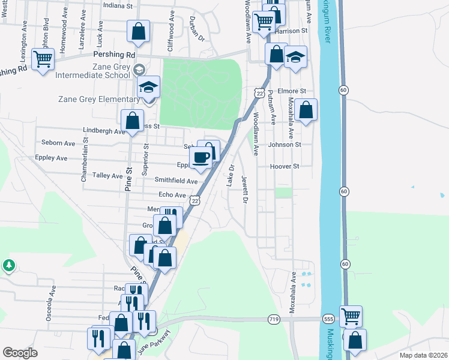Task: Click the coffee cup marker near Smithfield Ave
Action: (200, 157)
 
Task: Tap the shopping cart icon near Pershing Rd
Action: (43, 59)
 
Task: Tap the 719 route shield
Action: (274, 320)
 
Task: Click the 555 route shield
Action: (328, 320)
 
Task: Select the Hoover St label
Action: (285, 166)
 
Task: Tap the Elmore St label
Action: (295, 91)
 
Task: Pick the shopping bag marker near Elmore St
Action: (306, 110)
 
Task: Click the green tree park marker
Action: (8, 265)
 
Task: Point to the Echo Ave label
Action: (172, 195)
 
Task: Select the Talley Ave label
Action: (108, 176)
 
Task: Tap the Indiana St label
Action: (118, 5)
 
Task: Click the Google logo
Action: (20, 353)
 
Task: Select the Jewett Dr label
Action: (244, 189)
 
